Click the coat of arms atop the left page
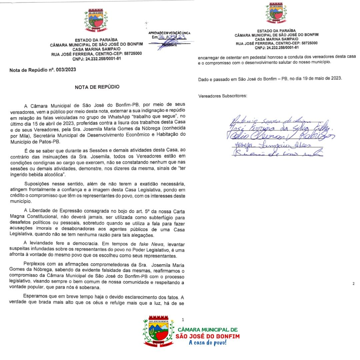click(96, 21)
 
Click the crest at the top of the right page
click(276, 14)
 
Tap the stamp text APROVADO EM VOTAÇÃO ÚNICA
click(169, 33)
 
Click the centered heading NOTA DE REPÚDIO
click(97, 87)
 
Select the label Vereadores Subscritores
click(223, 96)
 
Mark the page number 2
click(353, 284)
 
